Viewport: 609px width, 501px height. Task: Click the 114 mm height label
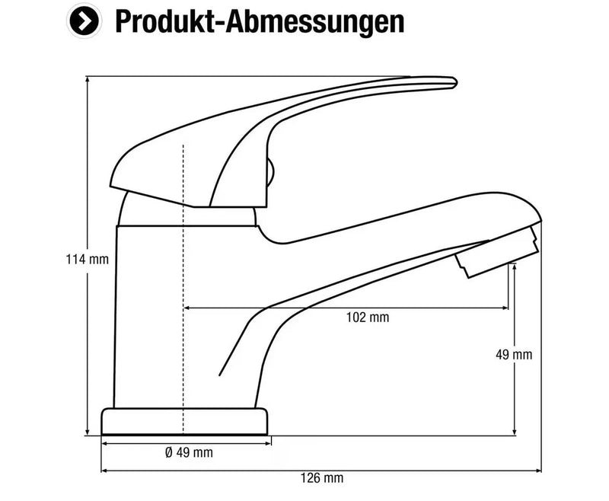88,259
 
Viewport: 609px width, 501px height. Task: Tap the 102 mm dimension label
368,318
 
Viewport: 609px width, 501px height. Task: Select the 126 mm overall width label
322,477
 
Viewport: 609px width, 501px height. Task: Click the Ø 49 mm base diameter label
189,452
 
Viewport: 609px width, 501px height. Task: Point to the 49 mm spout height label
513,355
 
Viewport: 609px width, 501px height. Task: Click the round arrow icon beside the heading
84,21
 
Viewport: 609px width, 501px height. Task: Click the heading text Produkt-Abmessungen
260,21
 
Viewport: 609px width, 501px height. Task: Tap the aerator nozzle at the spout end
497,253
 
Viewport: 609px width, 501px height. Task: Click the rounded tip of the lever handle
454,82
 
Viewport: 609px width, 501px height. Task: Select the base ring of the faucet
184,421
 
